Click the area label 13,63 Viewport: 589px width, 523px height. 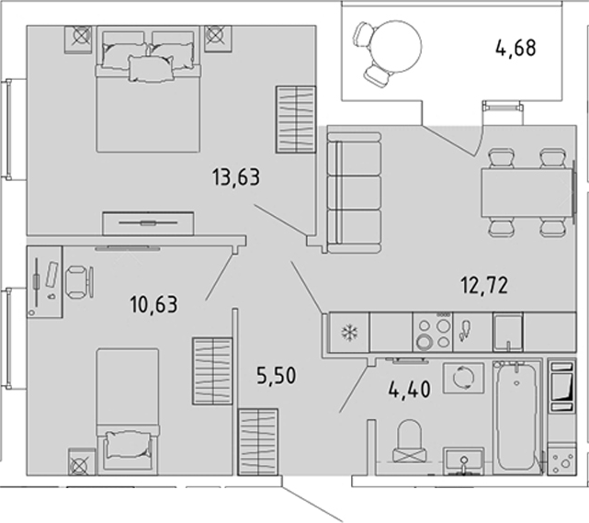point(236,177)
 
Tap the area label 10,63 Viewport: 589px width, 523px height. point(153,304)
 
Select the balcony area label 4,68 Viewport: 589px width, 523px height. point(515,48)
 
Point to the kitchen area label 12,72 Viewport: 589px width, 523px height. point(484,285)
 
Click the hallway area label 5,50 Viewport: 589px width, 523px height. point(277,375)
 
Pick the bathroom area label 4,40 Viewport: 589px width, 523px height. point(410,389)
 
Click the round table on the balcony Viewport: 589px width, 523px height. point(395,46)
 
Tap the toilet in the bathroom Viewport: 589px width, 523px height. point(410,440)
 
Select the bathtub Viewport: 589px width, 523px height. point(517,417)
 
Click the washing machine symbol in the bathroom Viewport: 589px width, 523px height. point(463,378)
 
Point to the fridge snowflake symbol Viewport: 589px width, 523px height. point(349,332)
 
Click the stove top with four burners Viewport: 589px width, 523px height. point(433,332)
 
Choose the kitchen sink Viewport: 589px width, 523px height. point(508,332)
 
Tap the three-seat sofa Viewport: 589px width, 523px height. point(354,192)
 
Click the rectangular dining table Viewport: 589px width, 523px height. point(527,192)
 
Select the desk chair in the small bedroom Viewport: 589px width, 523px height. point(79,282)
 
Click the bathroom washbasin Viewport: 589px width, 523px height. point(464,461)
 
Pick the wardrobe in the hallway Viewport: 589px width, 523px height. point(258,442)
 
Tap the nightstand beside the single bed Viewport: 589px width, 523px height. point(82,461)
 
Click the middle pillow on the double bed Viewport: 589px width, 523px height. point(151,68)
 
